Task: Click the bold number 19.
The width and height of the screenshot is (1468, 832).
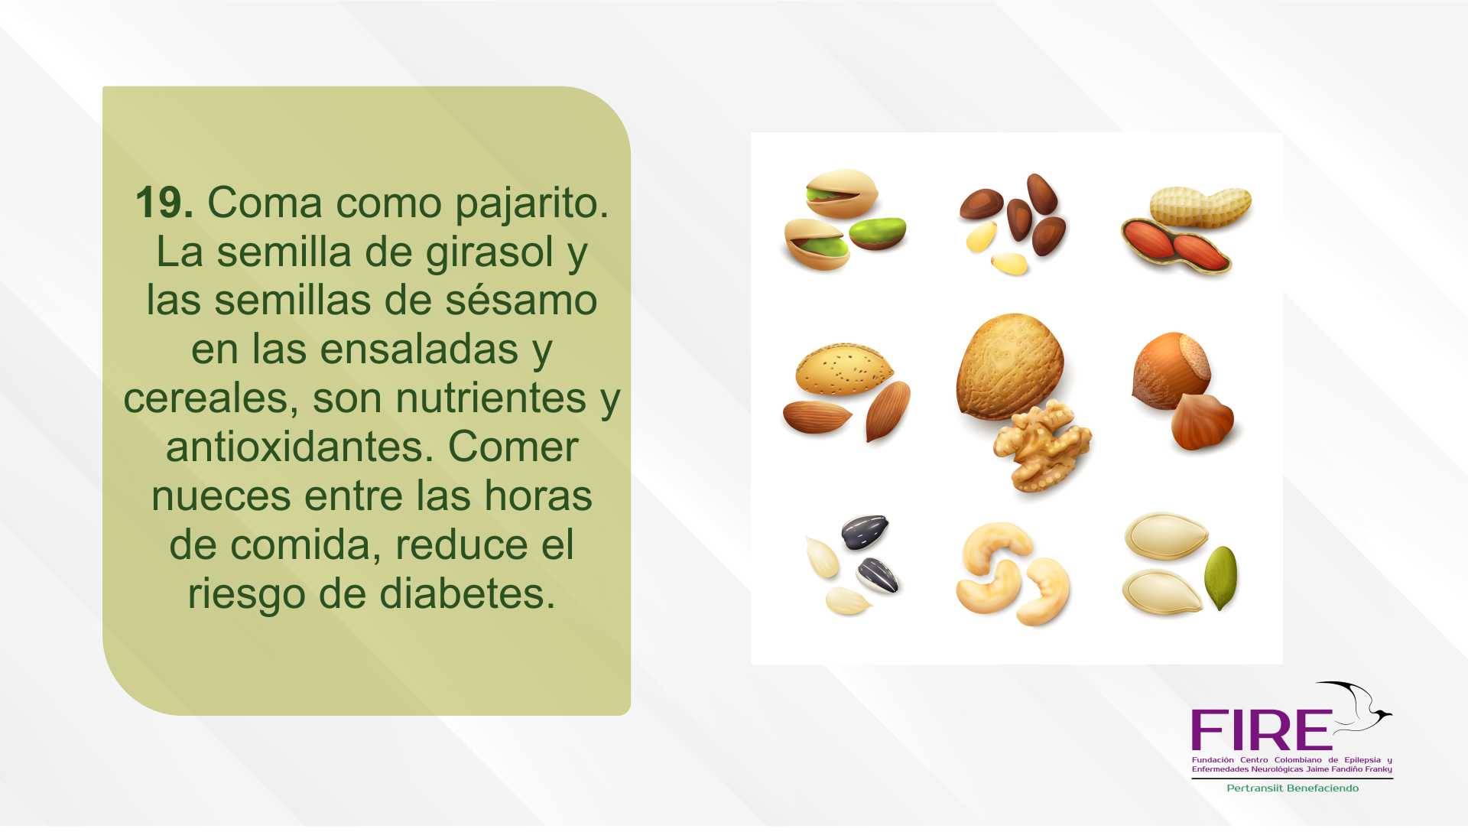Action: [x=164, y=203]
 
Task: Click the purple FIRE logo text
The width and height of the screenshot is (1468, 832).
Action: [x=1262, y=730]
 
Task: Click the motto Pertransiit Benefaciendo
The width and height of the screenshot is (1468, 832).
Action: [x=1292, y=788]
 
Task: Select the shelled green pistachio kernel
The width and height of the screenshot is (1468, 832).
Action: [x=878, y=233]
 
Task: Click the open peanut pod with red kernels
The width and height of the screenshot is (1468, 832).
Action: [x=1176, y=245]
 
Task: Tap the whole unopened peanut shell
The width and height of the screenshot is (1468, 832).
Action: [x=1200, y=206]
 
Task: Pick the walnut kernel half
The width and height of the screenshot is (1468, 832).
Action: [x=1041, y=447]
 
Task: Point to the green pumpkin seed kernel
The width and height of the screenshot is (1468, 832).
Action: [x=1220, y=577]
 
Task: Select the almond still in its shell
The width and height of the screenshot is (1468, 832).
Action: [x=843, y=371]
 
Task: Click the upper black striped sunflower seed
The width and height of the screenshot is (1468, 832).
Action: [x=866, y=531]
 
